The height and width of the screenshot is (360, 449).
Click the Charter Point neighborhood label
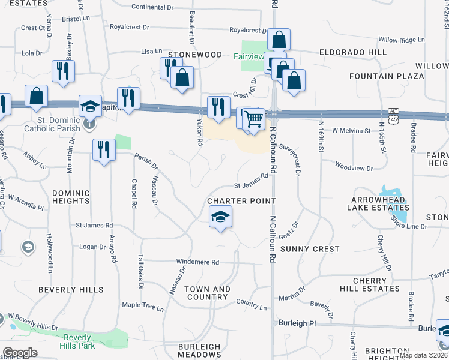[241, 201]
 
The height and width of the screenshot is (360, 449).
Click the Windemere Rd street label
[197, 262]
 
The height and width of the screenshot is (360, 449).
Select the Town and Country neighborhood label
[207, 293]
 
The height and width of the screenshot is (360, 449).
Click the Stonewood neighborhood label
[195, 55]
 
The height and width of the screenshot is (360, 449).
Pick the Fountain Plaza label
[387, 76]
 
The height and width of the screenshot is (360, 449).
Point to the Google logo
[20, 353]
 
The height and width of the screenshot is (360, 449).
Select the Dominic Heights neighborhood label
[71, 197]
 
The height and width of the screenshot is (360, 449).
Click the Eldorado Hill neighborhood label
[352, 52]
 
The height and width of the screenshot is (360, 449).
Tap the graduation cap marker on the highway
[90, 106]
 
